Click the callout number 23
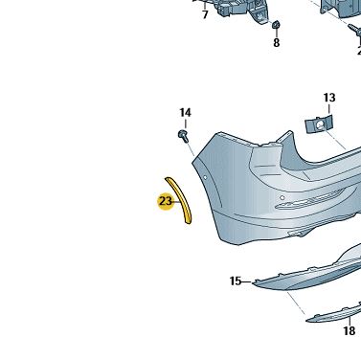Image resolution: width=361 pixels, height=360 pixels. point(166,201)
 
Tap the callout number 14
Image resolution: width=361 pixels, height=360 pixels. point(185,113)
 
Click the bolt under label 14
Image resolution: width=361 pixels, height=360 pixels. point(183,135)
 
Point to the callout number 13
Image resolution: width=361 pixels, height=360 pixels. point(329,98)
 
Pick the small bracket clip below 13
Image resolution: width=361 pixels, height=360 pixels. point(319,124)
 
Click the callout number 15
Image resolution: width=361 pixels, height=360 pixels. point(236,281)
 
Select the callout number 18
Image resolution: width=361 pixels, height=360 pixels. point(350,330)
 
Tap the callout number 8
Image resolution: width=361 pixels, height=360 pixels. point(277,43)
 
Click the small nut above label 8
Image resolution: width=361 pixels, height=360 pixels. point(276,24)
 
